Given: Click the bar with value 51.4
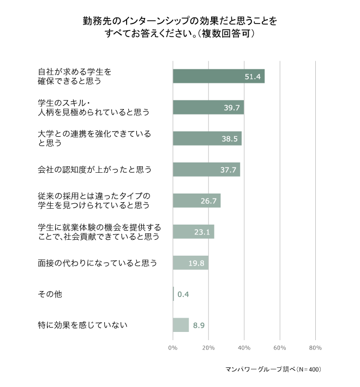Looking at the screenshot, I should click(x=218, y=76).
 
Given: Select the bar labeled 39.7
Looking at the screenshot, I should click(x=208, y=107).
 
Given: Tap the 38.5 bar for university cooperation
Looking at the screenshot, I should click(x=207, y=138).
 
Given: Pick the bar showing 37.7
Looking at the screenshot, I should click(x=206, y=170).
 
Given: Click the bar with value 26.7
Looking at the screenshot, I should click(x=196, y=201).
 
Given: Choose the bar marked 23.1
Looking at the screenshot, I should click(x=193, y=232).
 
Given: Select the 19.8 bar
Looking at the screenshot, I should click(x=190, y=263).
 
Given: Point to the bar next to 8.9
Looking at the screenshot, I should click(x=181, y=325).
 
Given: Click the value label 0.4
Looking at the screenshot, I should click(x=183, y=294).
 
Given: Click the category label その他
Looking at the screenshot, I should click(x=50, y=294).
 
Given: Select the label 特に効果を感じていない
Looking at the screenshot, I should click(x=82, y=325).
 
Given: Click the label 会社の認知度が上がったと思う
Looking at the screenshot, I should click(x=94, y=170).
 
